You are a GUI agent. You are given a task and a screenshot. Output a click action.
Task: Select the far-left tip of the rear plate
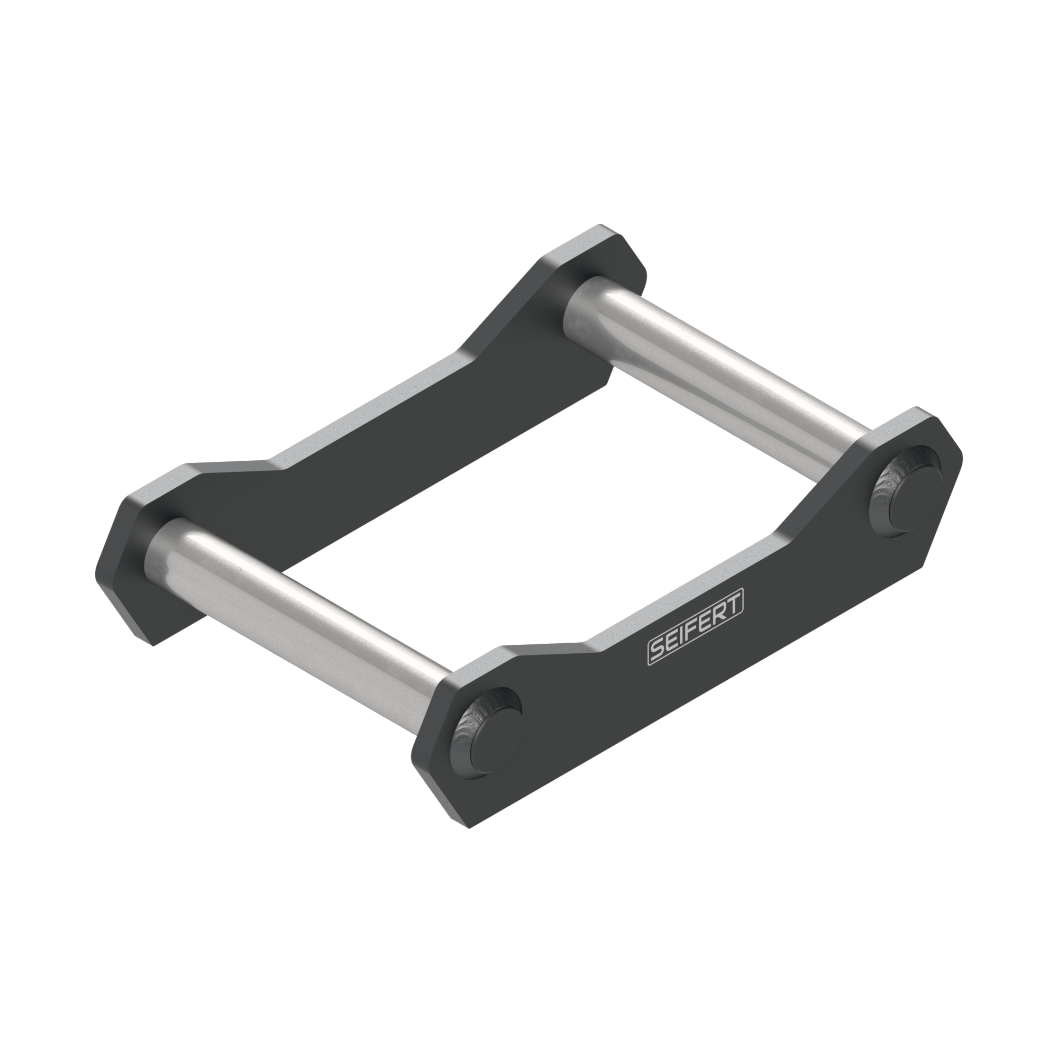[x=97, y=570]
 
